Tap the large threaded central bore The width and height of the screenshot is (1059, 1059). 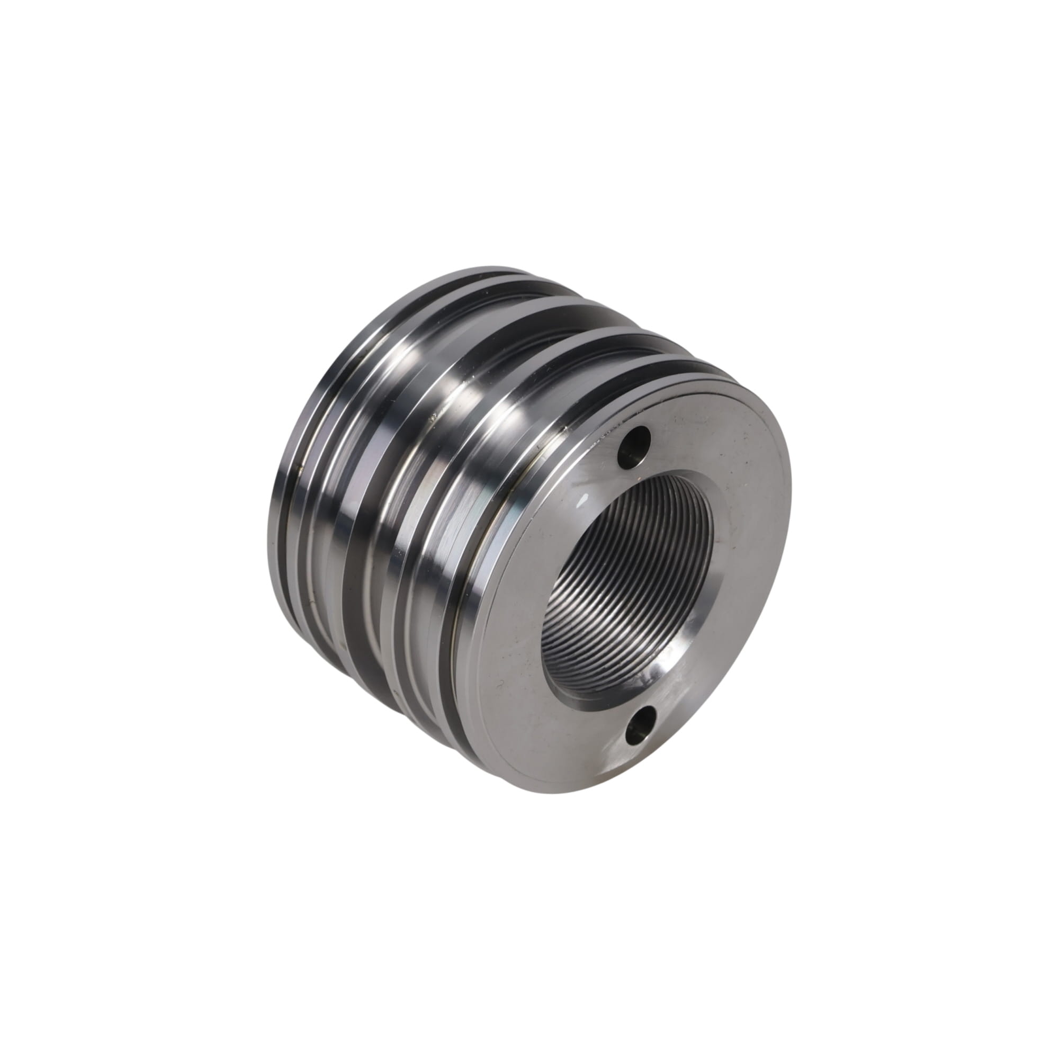625,581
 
